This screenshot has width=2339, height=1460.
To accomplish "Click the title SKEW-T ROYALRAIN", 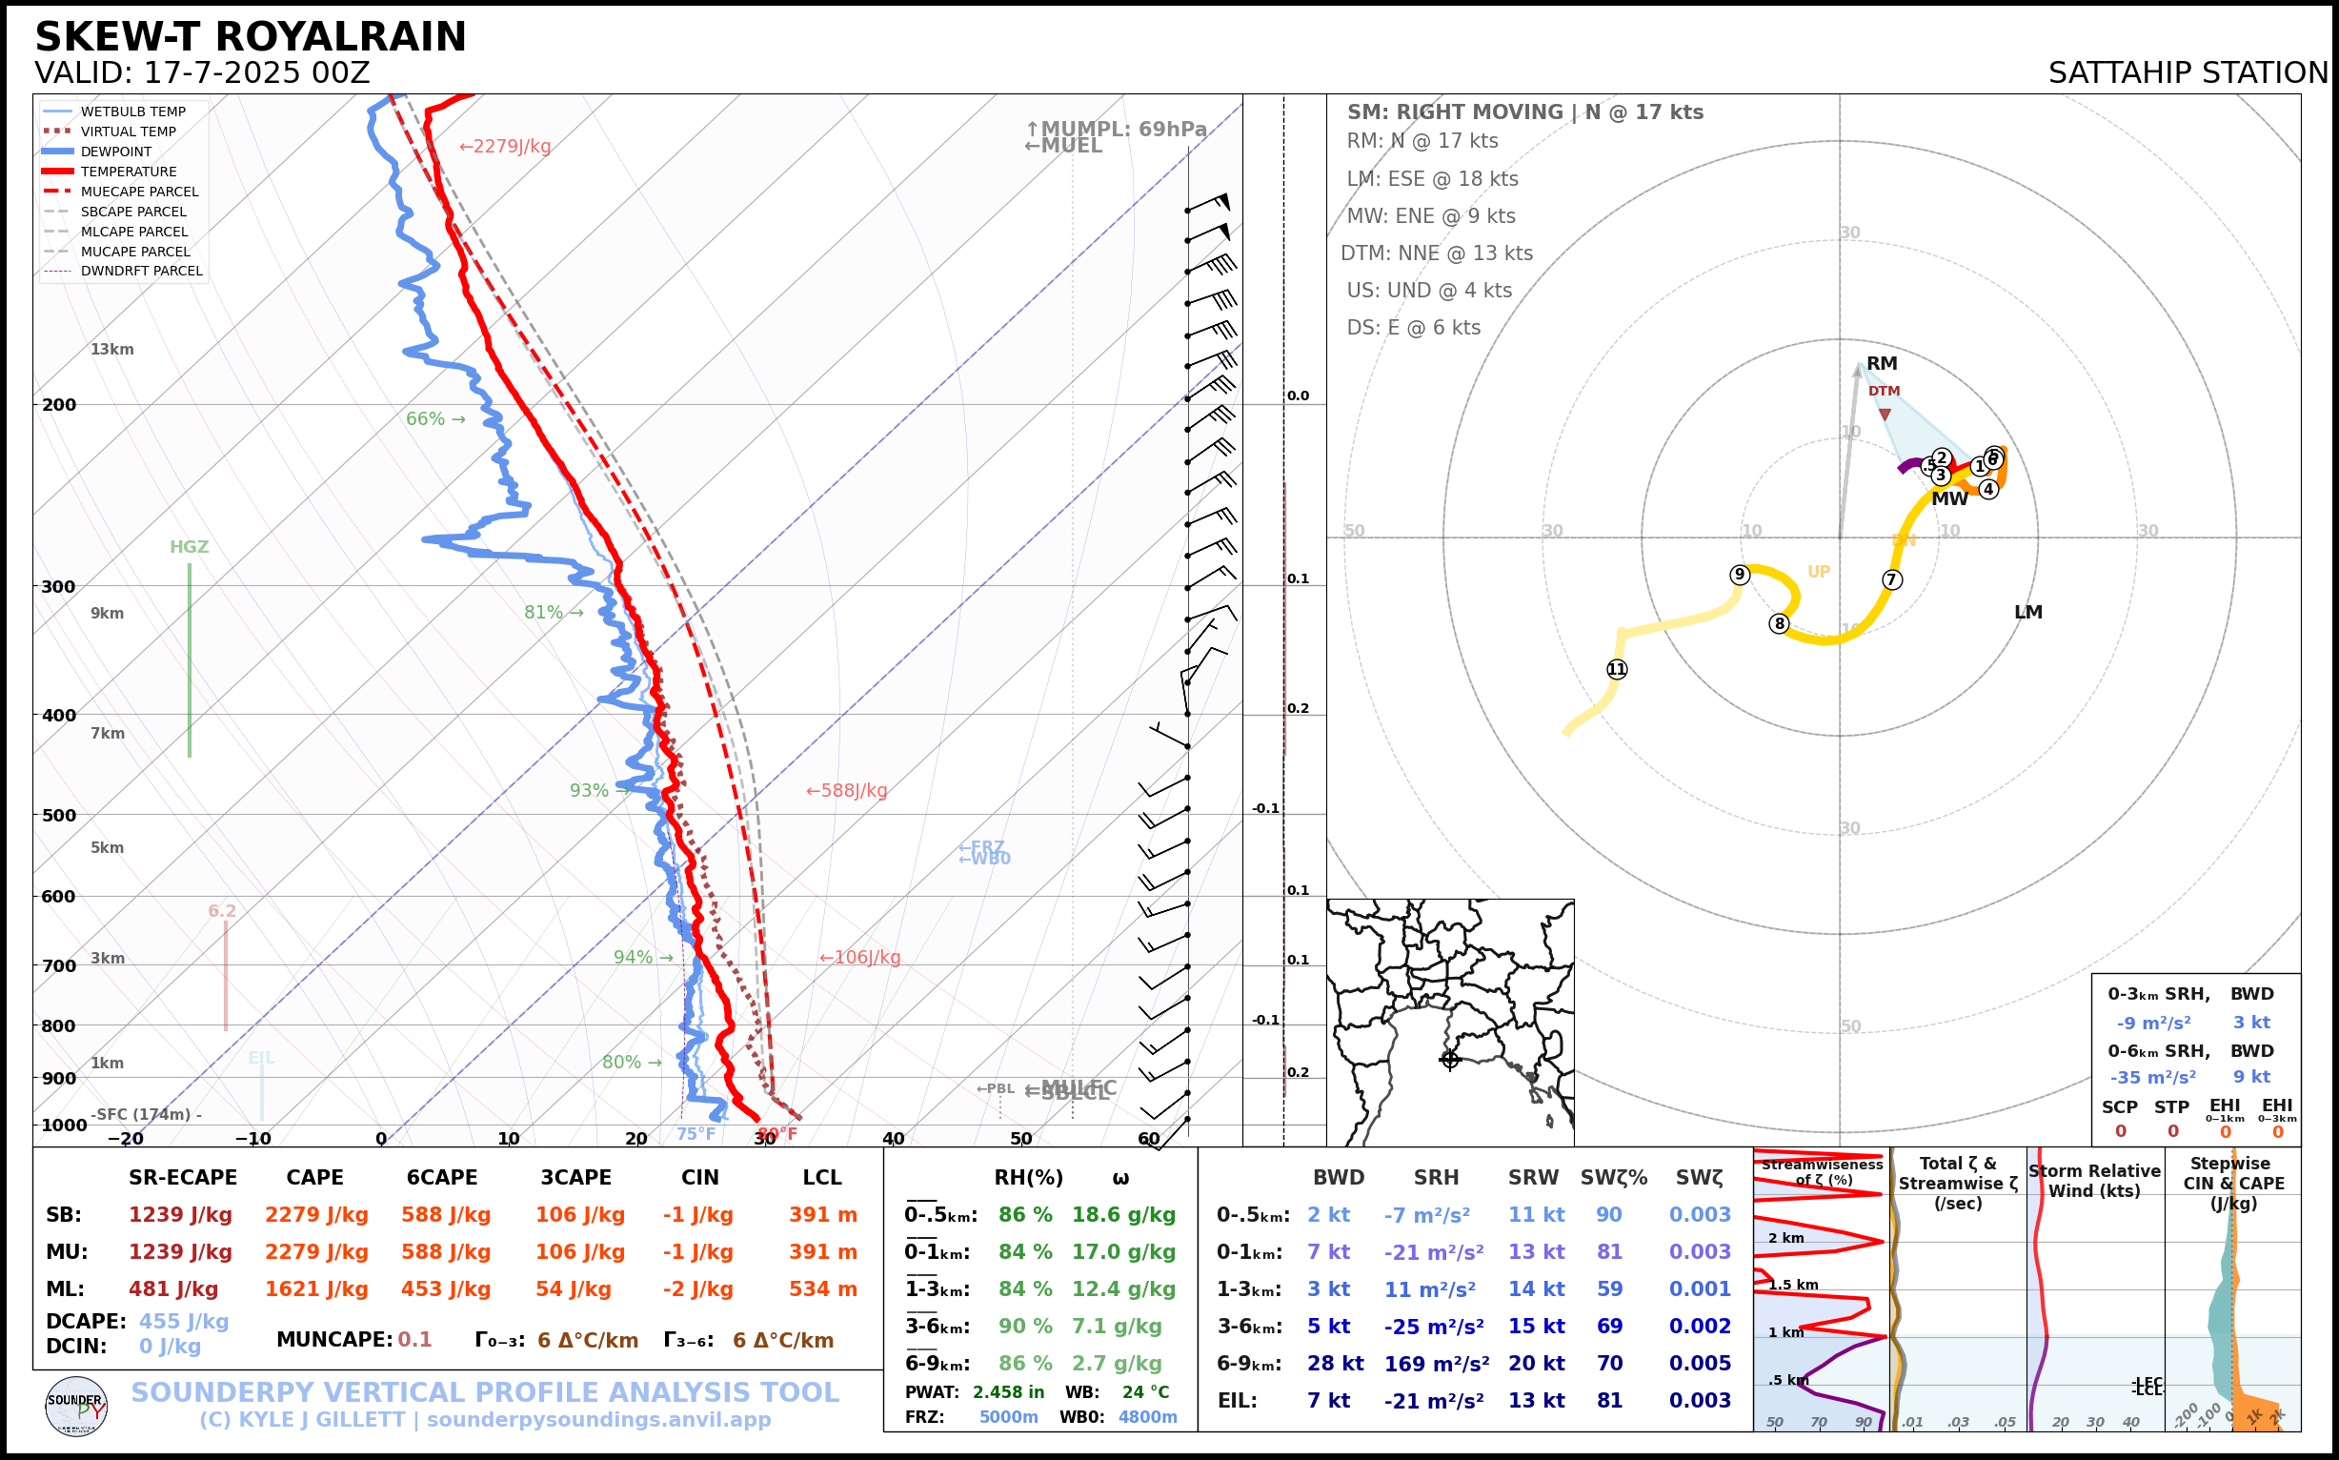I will (250, 37).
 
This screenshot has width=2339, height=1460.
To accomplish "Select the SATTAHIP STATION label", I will (2188, 73).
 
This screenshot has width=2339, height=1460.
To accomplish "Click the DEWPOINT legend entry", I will (116, 152).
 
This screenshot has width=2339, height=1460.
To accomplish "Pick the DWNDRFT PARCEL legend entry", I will (141, 272).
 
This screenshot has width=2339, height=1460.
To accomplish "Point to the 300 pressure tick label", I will (59, 587).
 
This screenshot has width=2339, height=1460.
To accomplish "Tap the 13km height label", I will (112, 350).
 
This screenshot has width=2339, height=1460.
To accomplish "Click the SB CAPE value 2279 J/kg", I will (316, 1215).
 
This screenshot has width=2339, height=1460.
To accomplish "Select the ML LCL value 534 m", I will (822, 1289).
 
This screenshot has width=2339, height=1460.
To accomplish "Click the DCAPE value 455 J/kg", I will (184, 1321).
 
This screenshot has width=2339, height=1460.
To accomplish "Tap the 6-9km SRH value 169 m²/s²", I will (1436, 1364).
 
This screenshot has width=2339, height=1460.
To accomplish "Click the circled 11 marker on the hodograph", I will (1617, 669).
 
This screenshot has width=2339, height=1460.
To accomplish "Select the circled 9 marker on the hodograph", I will (1740, 576).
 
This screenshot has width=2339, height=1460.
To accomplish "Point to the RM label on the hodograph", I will (1882, 364).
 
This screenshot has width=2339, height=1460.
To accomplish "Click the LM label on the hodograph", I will (2027, 612).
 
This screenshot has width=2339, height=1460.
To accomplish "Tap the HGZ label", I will (190, 547).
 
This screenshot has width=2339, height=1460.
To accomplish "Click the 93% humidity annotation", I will (589, 791).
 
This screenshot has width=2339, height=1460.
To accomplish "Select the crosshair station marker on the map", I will (1450, 1060).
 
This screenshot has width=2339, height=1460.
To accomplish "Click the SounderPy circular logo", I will (76, 1406).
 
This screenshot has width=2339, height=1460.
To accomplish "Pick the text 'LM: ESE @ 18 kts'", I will (1432, 179).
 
